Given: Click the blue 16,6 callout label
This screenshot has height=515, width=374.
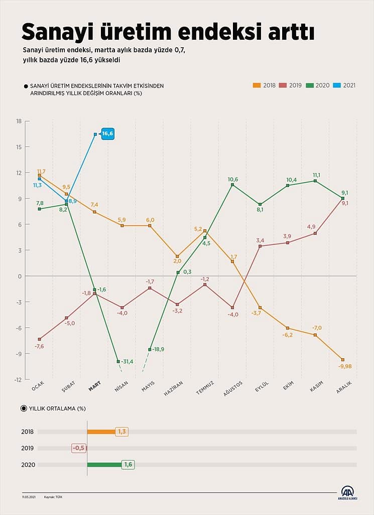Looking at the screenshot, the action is pyautogui.click(x=107, y=134).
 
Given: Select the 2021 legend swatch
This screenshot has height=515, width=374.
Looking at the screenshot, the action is pyautogui.click(x=337, y=85).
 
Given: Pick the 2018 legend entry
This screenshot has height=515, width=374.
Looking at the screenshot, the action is pyautogui.click(x=264, y=85).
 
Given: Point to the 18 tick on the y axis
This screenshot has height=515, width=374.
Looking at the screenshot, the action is pyautogui.click(x=19, y=121).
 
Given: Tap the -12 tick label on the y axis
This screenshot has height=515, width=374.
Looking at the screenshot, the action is pyautogui.click(x=18, y=380).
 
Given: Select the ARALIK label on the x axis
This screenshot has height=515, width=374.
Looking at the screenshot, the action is pyautogui.click(x=344, y=387).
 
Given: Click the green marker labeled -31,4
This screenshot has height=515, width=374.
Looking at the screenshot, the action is pyautogui.click(x=118, y=361).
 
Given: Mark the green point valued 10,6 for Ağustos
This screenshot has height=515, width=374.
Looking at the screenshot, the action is pyautogui.click(x=232, y=185).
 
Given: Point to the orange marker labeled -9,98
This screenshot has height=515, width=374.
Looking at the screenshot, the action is pyautogui.click(x=343, y=360).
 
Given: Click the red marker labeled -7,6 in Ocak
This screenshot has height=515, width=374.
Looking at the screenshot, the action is pyautogui.click(x=39, y=339).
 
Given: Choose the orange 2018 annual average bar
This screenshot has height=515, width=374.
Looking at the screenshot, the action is pyautogui.click(x=101, y=432).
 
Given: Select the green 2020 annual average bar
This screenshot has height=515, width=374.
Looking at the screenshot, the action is pyautogui.click(x=104, y=464).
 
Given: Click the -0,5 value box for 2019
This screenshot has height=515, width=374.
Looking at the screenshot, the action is pyautogui.click(x=79, y=448).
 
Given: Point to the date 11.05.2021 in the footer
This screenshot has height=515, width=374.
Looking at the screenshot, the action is pyautogui.click(x=29, y=497).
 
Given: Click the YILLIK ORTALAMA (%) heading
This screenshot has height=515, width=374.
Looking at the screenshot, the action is pyautogui.click(x=57, y=408).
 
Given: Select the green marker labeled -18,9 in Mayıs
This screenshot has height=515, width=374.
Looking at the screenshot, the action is pyautogui.click(x=150, y=350).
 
